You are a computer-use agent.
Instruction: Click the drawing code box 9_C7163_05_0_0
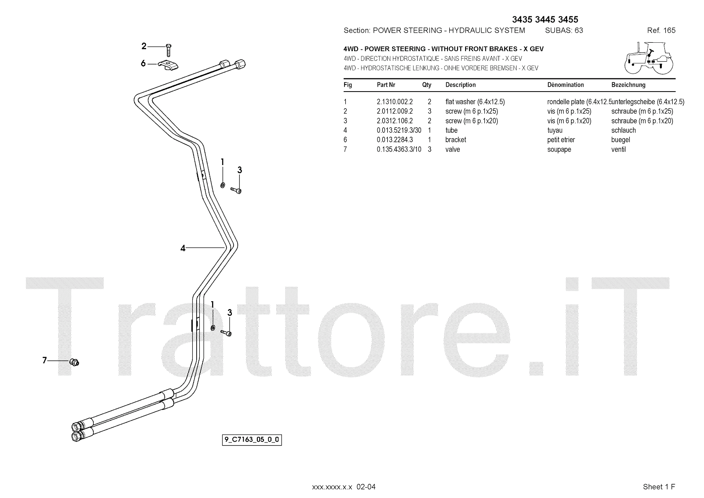252,439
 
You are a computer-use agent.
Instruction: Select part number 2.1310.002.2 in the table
394,102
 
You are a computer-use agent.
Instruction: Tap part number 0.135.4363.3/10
399,149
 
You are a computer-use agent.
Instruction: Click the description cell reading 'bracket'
455,140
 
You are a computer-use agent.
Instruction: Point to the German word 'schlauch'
623,130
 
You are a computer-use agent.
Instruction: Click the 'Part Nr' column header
386,85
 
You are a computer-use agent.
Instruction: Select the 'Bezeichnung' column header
628,85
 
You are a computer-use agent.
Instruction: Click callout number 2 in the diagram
144,46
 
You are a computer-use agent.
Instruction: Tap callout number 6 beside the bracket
143,63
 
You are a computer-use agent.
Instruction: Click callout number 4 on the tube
183,248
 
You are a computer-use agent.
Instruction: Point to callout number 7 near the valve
44,361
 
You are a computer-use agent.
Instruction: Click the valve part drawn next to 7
74,362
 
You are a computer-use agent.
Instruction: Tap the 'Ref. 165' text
661,30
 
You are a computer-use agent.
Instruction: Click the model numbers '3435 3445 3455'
545,19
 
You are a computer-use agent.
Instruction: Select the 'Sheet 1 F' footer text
659,487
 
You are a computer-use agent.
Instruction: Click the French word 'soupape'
559,149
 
